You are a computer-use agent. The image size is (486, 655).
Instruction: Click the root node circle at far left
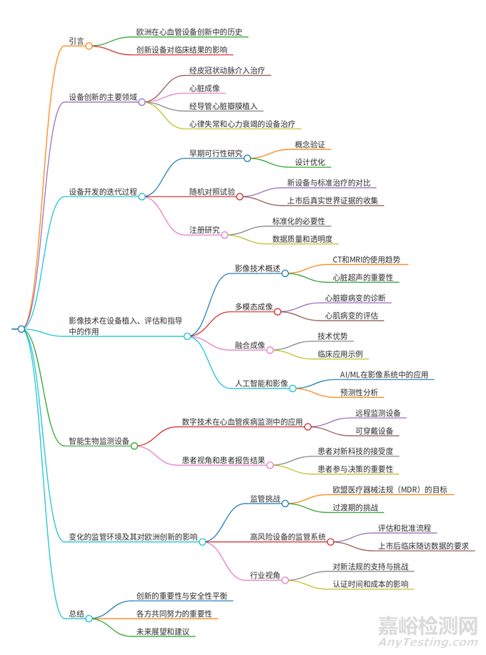[x=21, y=329]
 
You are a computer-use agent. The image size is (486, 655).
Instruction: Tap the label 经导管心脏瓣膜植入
[x=226, y=106]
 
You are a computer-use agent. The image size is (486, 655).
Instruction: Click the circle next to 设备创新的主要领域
[x=142, y=101]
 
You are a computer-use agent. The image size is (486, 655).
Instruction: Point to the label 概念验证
[x=309, y=144]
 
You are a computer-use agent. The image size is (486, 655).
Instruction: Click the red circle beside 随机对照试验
[x=240, y=196]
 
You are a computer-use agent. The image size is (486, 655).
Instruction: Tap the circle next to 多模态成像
[x=277, y=311]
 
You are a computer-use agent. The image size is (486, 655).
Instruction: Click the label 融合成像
[x=249, y=346]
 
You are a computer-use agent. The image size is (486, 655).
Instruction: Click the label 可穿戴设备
[x=373, y=431]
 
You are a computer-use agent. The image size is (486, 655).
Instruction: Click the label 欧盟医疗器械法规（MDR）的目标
[x=394, y=490]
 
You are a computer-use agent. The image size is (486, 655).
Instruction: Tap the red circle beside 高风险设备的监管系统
[x=330, y=541]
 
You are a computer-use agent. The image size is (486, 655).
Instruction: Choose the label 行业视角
[x=265, y=575]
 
